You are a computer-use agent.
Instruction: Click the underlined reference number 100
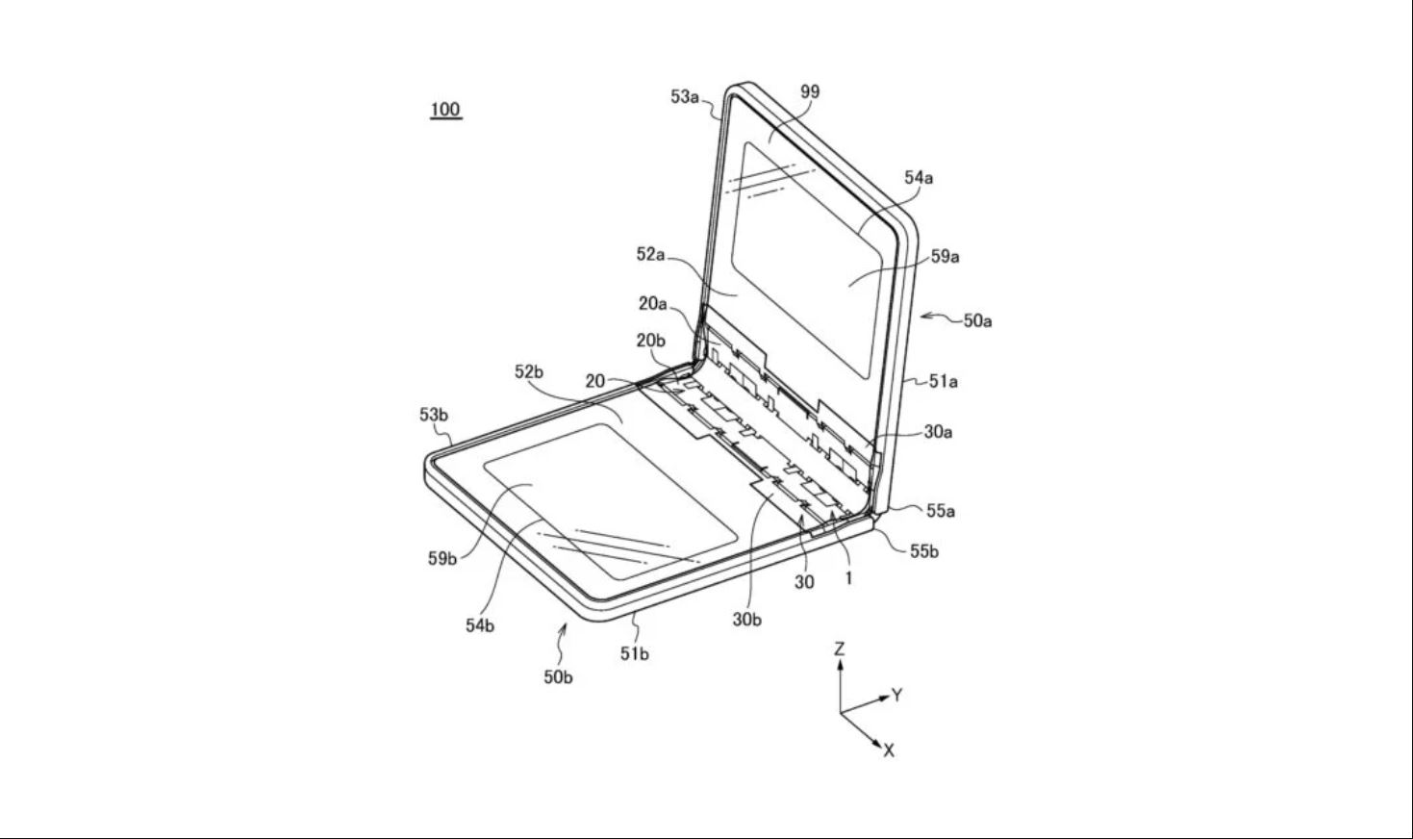445,110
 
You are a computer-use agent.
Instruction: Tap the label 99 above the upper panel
810,92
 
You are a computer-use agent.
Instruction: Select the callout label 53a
685,97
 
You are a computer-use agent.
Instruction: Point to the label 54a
919,178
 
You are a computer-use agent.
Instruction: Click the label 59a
945,257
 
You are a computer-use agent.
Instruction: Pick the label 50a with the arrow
977,321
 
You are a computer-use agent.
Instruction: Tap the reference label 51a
943,382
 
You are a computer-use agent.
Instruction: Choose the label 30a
938,432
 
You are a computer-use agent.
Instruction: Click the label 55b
924,552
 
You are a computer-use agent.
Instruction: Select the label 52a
651,255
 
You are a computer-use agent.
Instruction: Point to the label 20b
651,342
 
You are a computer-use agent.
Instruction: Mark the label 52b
529,372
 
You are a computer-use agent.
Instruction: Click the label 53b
434,415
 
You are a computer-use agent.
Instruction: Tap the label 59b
442,559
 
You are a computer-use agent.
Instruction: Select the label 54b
480,625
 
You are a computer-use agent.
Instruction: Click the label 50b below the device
558,677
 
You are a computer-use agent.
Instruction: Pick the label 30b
746,621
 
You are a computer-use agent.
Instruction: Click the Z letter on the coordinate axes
839,649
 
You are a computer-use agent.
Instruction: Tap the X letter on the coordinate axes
889,750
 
